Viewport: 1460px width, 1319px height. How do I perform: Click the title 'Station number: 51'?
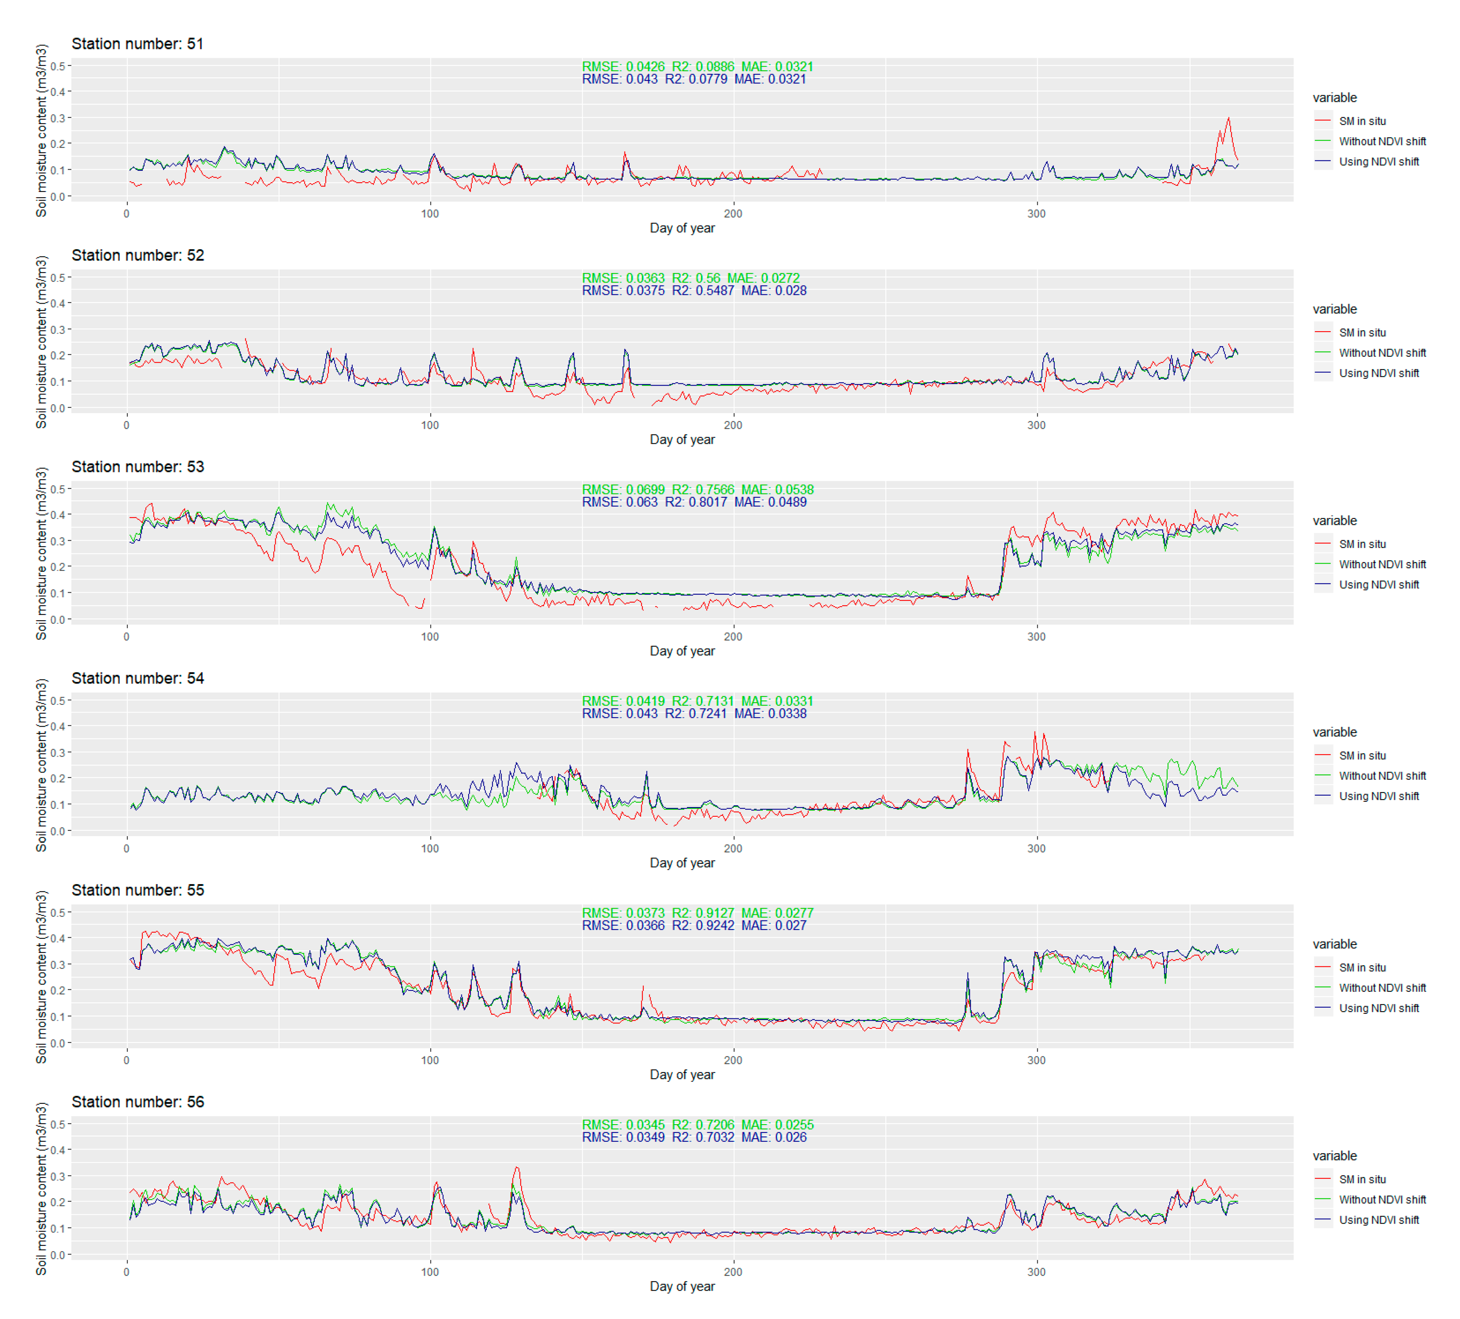137,44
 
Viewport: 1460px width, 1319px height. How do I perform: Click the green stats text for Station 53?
697,490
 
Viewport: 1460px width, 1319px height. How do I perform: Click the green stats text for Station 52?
691,278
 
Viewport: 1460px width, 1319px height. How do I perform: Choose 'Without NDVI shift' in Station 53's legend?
1382,564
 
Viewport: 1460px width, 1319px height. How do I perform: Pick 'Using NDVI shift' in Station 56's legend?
1379,1220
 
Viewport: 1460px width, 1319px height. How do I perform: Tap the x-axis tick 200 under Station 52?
733,425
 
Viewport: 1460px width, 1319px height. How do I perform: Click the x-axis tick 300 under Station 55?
1037,1061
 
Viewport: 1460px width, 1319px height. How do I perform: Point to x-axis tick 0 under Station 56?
127,1272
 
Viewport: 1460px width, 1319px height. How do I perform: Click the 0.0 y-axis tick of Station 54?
58,831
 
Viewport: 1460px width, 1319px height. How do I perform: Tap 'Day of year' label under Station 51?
682,228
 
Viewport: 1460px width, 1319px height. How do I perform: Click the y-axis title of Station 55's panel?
41,976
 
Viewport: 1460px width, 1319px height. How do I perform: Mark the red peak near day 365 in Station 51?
1228,118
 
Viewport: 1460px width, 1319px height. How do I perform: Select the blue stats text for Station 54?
694,713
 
